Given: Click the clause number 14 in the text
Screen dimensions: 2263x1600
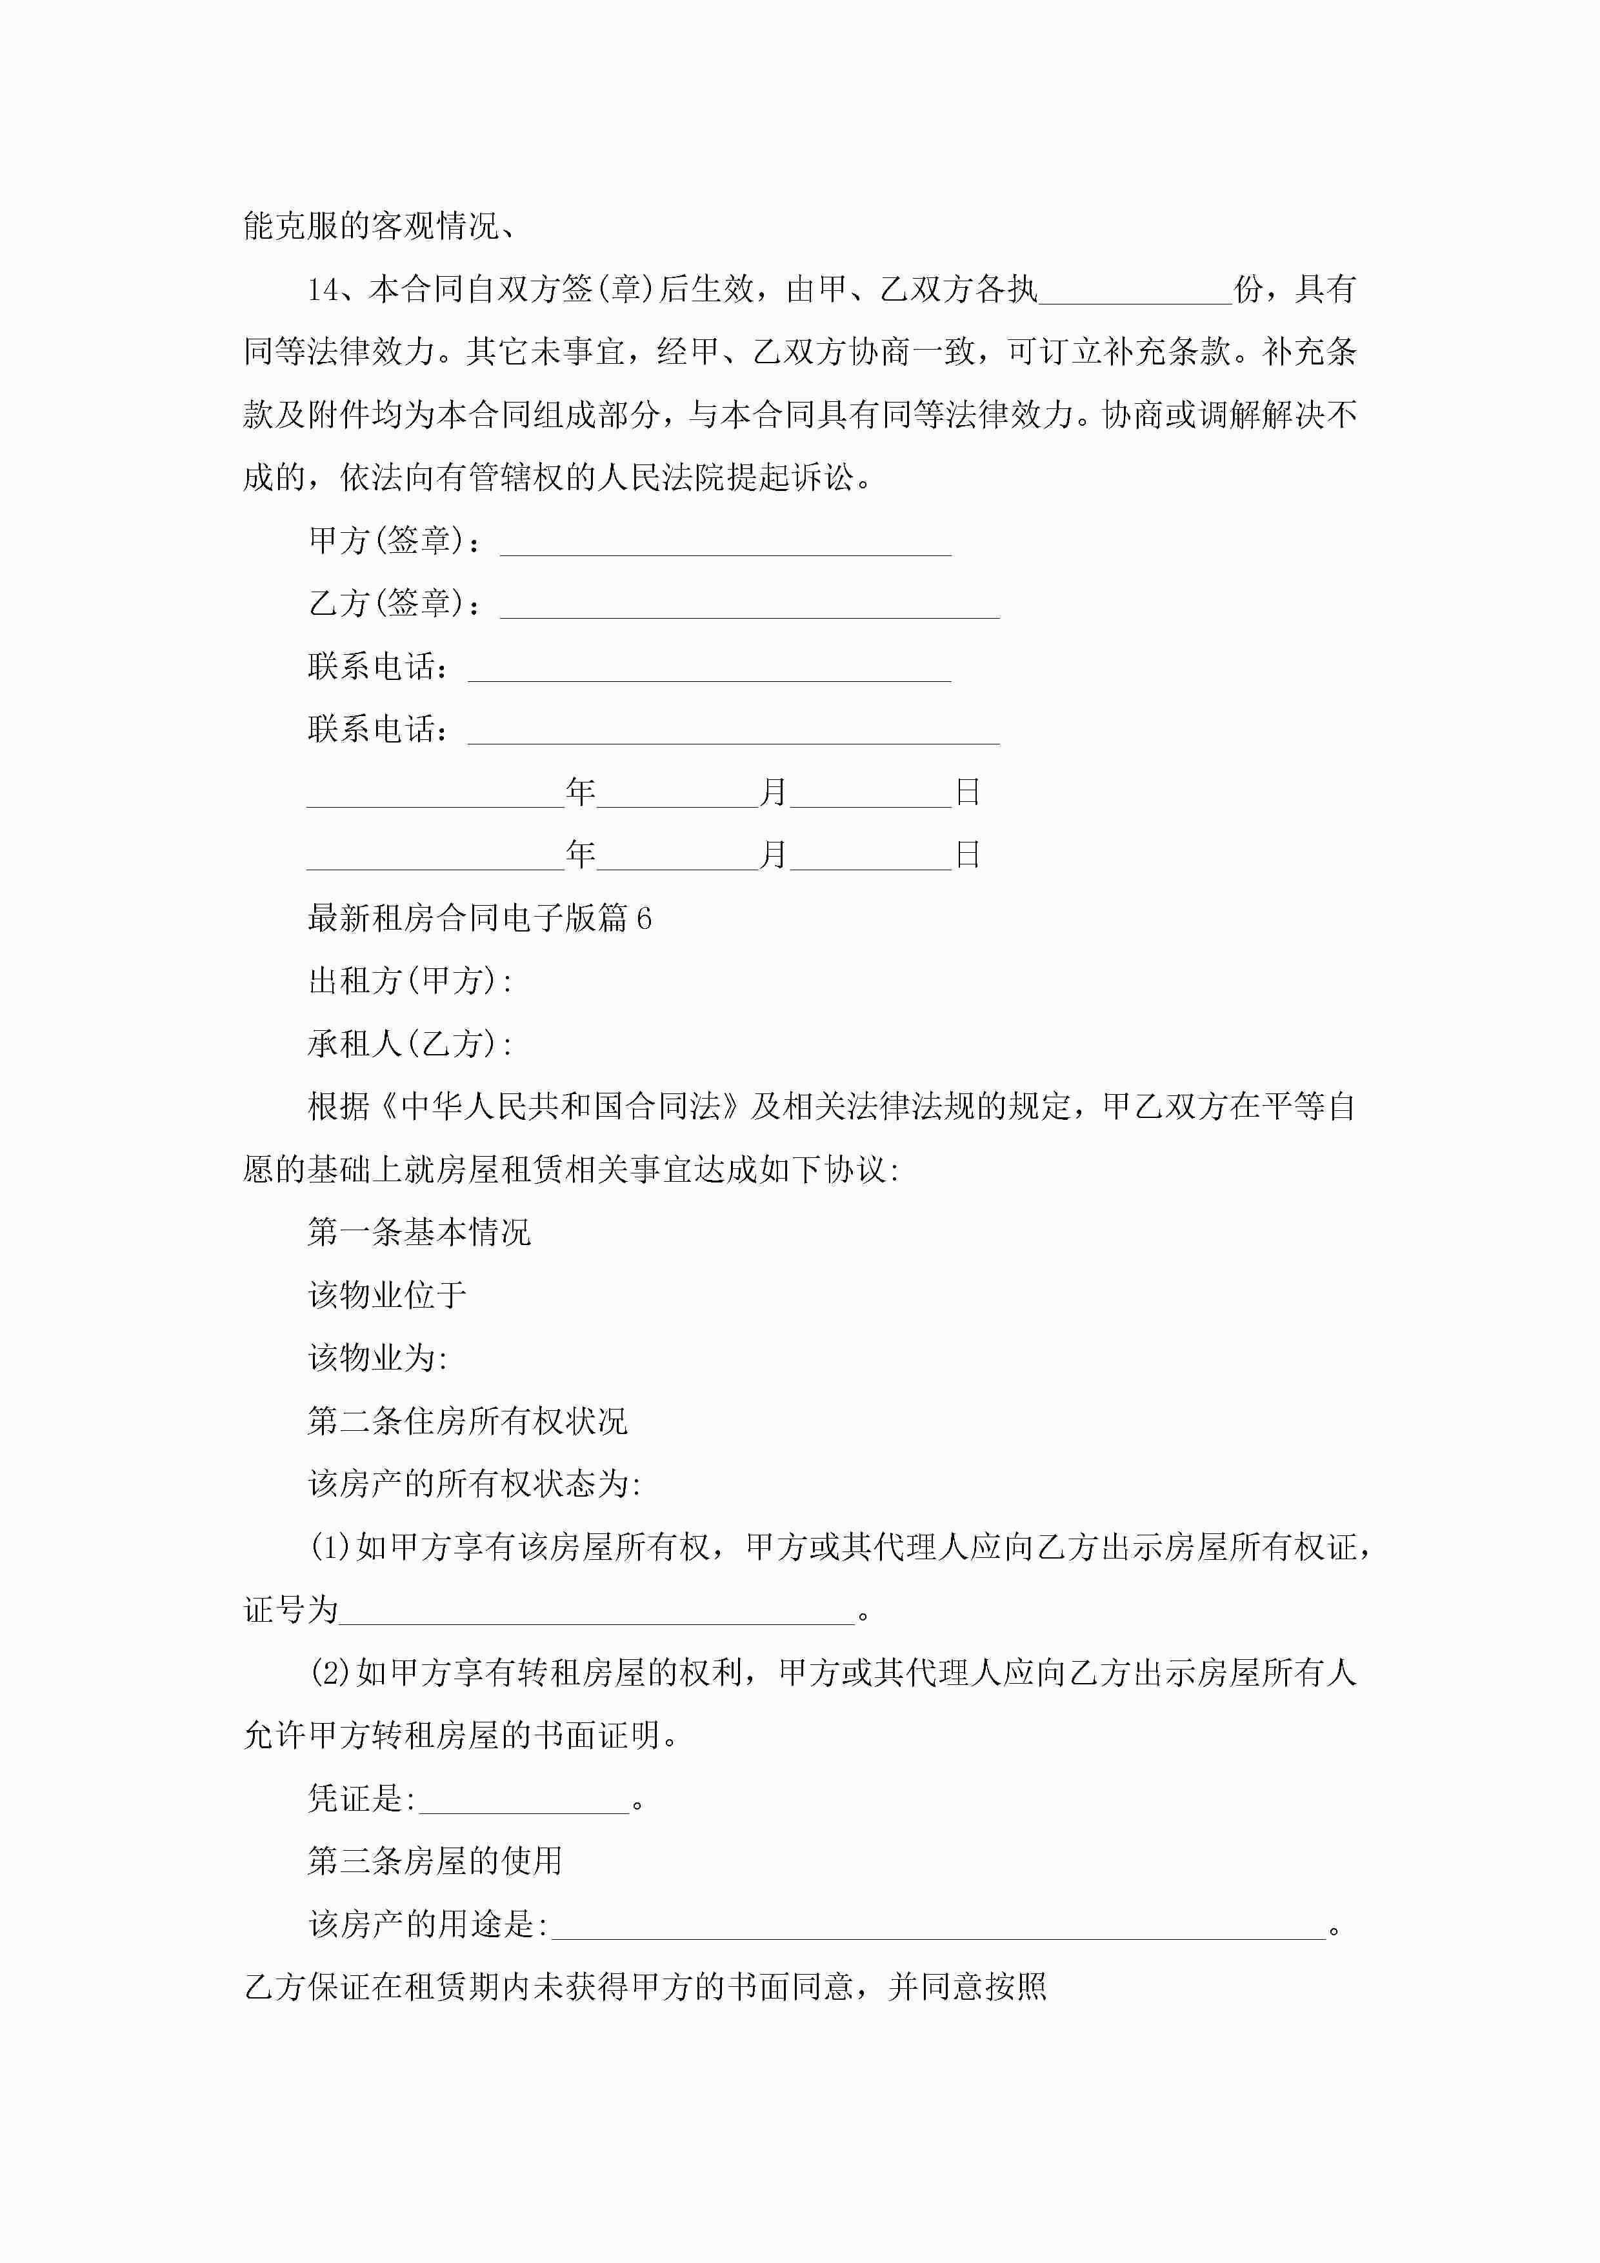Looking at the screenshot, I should tap(323, 290).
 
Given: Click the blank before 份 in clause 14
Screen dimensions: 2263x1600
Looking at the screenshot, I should tap(1135, 294).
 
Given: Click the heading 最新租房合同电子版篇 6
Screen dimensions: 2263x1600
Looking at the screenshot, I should tap(479, 919).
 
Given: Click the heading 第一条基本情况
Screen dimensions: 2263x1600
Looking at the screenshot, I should tap(419, 1233).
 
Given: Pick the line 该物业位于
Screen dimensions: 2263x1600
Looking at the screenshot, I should tap(386, 1296).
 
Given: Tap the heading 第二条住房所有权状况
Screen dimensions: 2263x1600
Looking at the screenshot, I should tap(467, 1421).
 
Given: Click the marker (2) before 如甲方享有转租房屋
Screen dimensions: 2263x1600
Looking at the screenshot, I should tap(330, 1673).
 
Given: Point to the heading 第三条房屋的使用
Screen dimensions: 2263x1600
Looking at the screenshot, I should tap(435, 1861).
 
